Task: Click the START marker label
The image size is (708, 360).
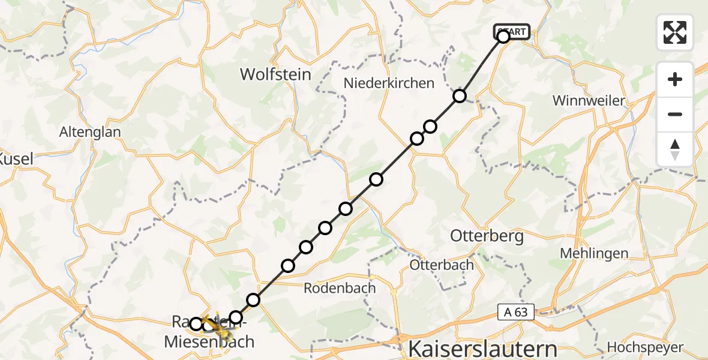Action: pos(512,31)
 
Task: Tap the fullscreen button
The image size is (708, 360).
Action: pos(675,32)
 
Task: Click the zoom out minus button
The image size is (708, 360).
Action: pos(675,114)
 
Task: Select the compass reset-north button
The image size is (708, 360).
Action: pos(675,149)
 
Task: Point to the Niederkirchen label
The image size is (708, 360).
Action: pos(389,83)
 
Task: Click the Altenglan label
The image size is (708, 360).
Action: pos(90,132)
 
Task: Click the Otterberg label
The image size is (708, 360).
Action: pos(487,236)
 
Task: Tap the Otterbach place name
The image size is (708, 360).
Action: pos(442,265)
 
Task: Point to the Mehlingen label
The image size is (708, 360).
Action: pos(594,253)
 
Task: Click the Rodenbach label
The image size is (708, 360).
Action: pos(340,288)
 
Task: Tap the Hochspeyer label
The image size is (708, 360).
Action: pos(644,347)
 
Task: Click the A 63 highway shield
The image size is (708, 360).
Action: pos(515,311)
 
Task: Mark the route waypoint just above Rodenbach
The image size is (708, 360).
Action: pos(289,266)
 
